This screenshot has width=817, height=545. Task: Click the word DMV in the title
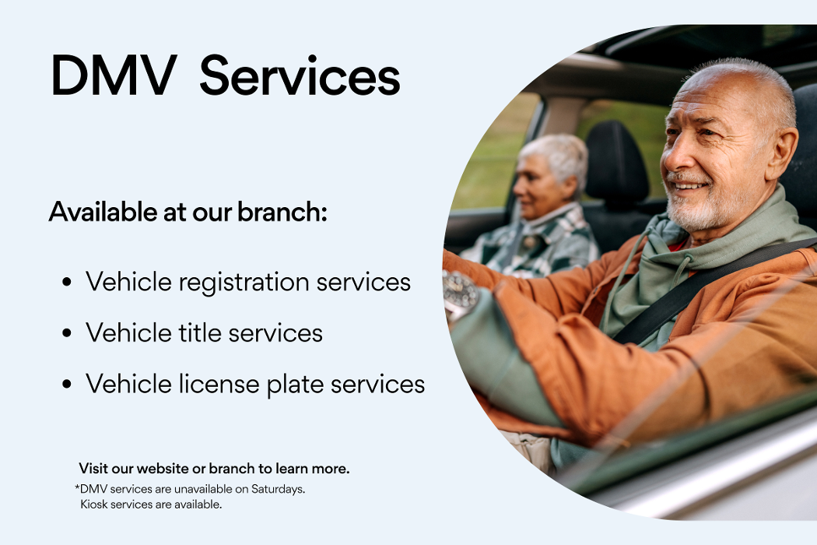click(x=114, y=76)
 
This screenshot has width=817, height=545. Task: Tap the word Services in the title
click(x=300, y=76)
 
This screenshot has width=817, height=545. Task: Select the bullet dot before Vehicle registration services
click(x=66, y=282)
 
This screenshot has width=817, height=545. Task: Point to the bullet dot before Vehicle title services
click(x=66, y=332)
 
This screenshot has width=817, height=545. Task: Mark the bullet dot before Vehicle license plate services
click(x=66, y=385)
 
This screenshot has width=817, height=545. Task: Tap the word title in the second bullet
click(x=200, y=332)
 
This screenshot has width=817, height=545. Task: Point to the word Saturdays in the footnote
click(x=278, y=489)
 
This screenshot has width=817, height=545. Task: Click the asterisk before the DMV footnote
click(x=77, y=487)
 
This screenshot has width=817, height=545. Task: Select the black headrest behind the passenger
click(x=616, y=159)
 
